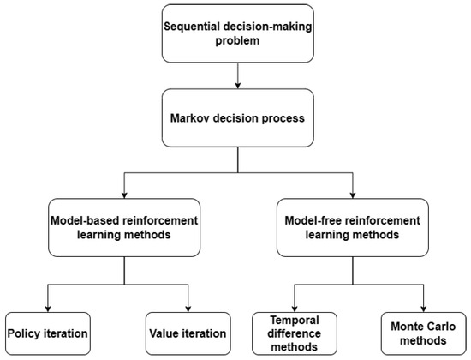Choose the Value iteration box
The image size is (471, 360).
point(188,333)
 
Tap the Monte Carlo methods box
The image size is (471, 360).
point(424,333)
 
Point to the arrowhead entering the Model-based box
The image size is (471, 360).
point(126,195)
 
